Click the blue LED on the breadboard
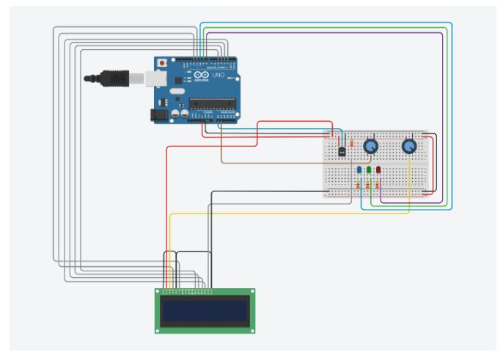[359, 170]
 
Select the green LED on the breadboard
[369, 170]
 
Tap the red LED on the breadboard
[378, 170]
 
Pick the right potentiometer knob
[409, 147]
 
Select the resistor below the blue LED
[358, 185]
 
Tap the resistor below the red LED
[378, 185]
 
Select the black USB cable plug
[117, 76]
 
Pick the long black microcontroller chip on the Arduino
[213, 103]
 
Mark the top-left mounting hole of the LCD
[159, 292]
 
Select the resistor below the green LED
[368, 185]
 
